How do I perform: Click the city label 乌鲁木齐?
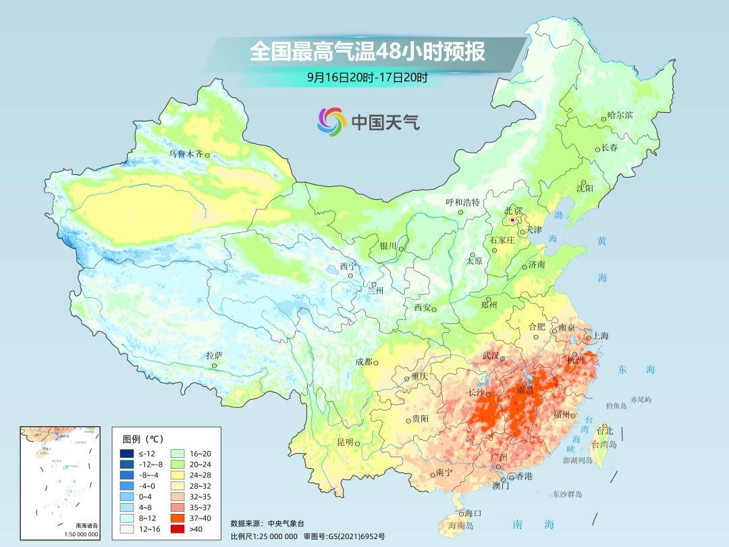pyautogui.click(x=185, y=154)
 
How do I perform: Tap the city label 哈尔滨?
pyautogui.click(x=620, y=115)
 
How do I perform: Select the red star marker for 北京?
pyautogui.click(x=513, y=220)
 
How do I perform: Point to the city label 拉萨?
pyautogui.click(x=214, y=355)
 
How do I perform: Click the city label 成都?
pyautogui.click(x=363, y=361)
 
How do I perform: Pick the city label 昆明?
pyautogui.click(x=345, y=442)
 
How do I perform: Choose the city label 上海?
pyautogui.click(x=601, y=336)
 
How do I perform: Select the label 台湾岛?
pyautogui.click(x=604, y=444)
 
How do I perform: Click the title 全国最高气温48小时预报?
pyautogui.click(x=368, y=52)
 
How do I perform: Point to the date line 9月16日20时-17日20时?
pyautogui.click(x=367, y=77)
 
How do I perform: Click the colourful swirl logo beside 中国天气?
pyautogui.click(x=331, y=122)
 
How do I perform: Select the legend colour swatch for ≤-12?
pyautogui.click(x=128, y=453)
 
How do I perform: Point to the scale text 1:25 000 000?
pyautogui.click(x=277, y=536)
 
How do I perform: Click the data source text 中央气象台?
pyautogui.click(x=286, y=523)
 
